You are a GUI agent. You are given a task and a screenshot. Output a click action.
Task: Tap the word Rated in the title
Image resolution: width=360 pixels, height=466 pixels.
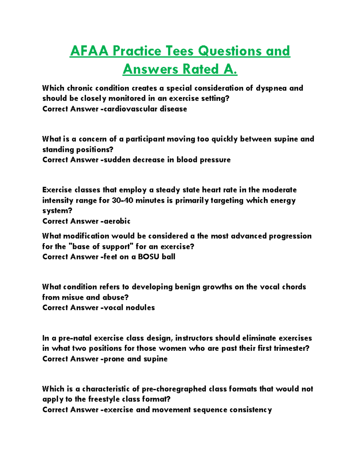pyautogui.click(x=201, y=69)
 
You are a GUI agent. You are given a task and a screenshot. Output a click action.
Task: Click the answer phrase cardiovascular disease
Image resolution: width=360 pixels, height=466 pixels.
pyautogui.click(x=145, y=109)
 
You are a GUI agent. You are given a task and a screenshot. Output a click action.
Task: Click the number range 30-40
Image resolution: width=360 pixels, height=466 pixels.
pyautogui.click(x=122, y=200)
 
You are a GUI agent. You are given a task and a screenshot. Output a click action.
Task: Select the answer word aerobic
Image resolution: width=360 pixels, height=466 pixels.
pyautogui.click(x=117, y=221)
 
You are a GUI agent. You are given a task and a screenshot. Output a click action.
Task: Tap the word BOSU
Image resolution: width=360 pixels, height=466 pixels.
pyautogui.click(x=148, y=257)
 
